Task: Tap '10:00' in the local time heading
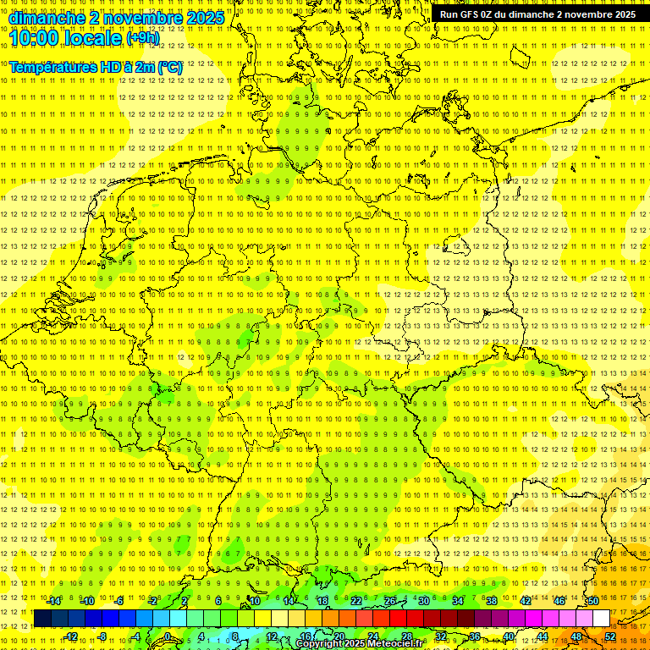coord(34,37)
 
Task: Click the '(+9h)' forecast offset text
coord(141,38)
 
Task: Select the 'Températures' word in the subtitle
coord(51,67)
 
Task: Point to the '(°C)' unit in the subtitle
coord(169,67)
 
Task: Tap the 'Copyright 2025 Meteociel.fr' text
coord(359,644)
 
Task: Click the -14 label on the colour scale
coord(54,601)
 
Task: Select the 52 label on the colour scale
coord(610,636)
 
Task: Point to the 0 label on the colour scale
coord(168,636)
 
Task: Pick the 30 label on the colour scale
coord(424,601)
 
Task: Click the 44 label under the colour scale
coord(543,636)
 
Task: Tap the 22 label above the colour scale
coord(356,601)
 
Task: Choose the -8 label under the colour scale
coord(101,636)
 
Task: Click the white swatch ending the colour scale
coord(601,619)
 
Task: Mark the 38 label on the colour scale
coord(492,601)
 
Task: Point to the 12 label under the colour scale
coord(272,636)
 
